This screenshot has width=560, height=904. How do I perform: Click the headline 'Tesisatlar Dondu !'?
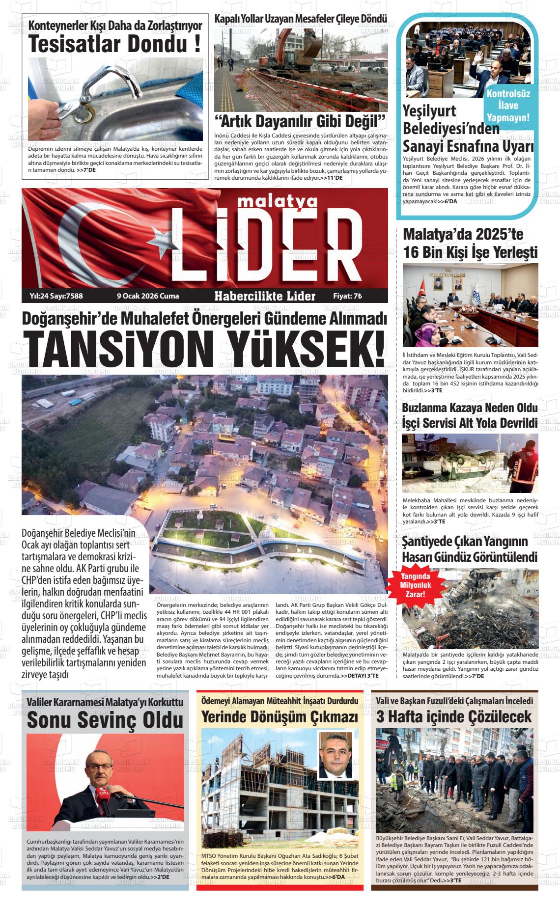(x=114, y=45)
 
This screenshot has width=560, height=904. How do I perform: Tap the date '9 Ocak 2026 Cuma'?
(x=148, y=296)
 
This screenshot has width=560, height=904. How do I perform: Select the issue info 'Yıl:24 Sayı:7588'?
(x=56, y=296)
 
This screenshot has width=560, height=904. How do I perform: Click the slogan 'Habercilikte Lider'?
(x=265, y=296)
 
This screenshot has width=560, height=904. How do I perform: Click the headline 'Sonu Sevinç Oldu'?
(x=105, y=720)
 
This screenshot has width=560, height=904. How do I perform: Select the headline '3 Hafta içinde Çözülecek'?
(x=454, y=716)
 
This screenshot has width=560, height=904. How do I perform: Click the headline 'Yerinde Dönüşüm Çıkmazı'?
(x=280, y=717)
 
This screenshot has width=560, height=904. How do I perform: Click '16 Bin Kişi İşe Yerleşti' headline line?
(x=470, y=252)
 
